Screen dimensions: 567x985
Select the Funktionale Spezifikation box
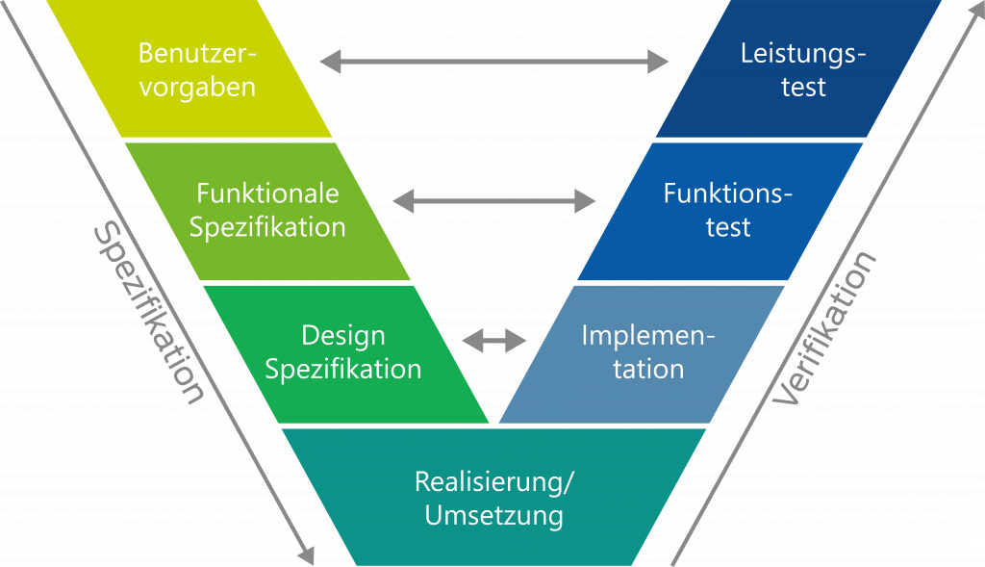pos(267,211)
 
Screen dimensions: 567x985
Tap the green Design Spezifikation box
pos(343,352)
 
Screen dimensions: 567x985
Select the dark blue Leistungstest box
pos(800,69)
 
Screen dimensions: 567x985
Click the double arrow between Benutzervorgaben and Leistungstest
pos(494,63)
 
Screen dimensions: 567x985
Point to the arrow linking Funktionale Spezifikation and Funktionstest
pos(494,201)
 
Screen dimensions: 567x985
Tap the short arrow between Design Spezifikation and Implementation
pos(494,340)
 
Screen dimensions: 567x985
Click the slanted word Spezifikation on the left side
pos(148,314)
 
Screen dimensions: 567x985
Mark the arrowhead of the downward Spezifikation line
pos(307,556)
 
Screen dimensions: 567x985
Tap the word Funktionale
pos(267,193)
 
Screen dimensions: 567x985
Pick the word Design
pos(343,336)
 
